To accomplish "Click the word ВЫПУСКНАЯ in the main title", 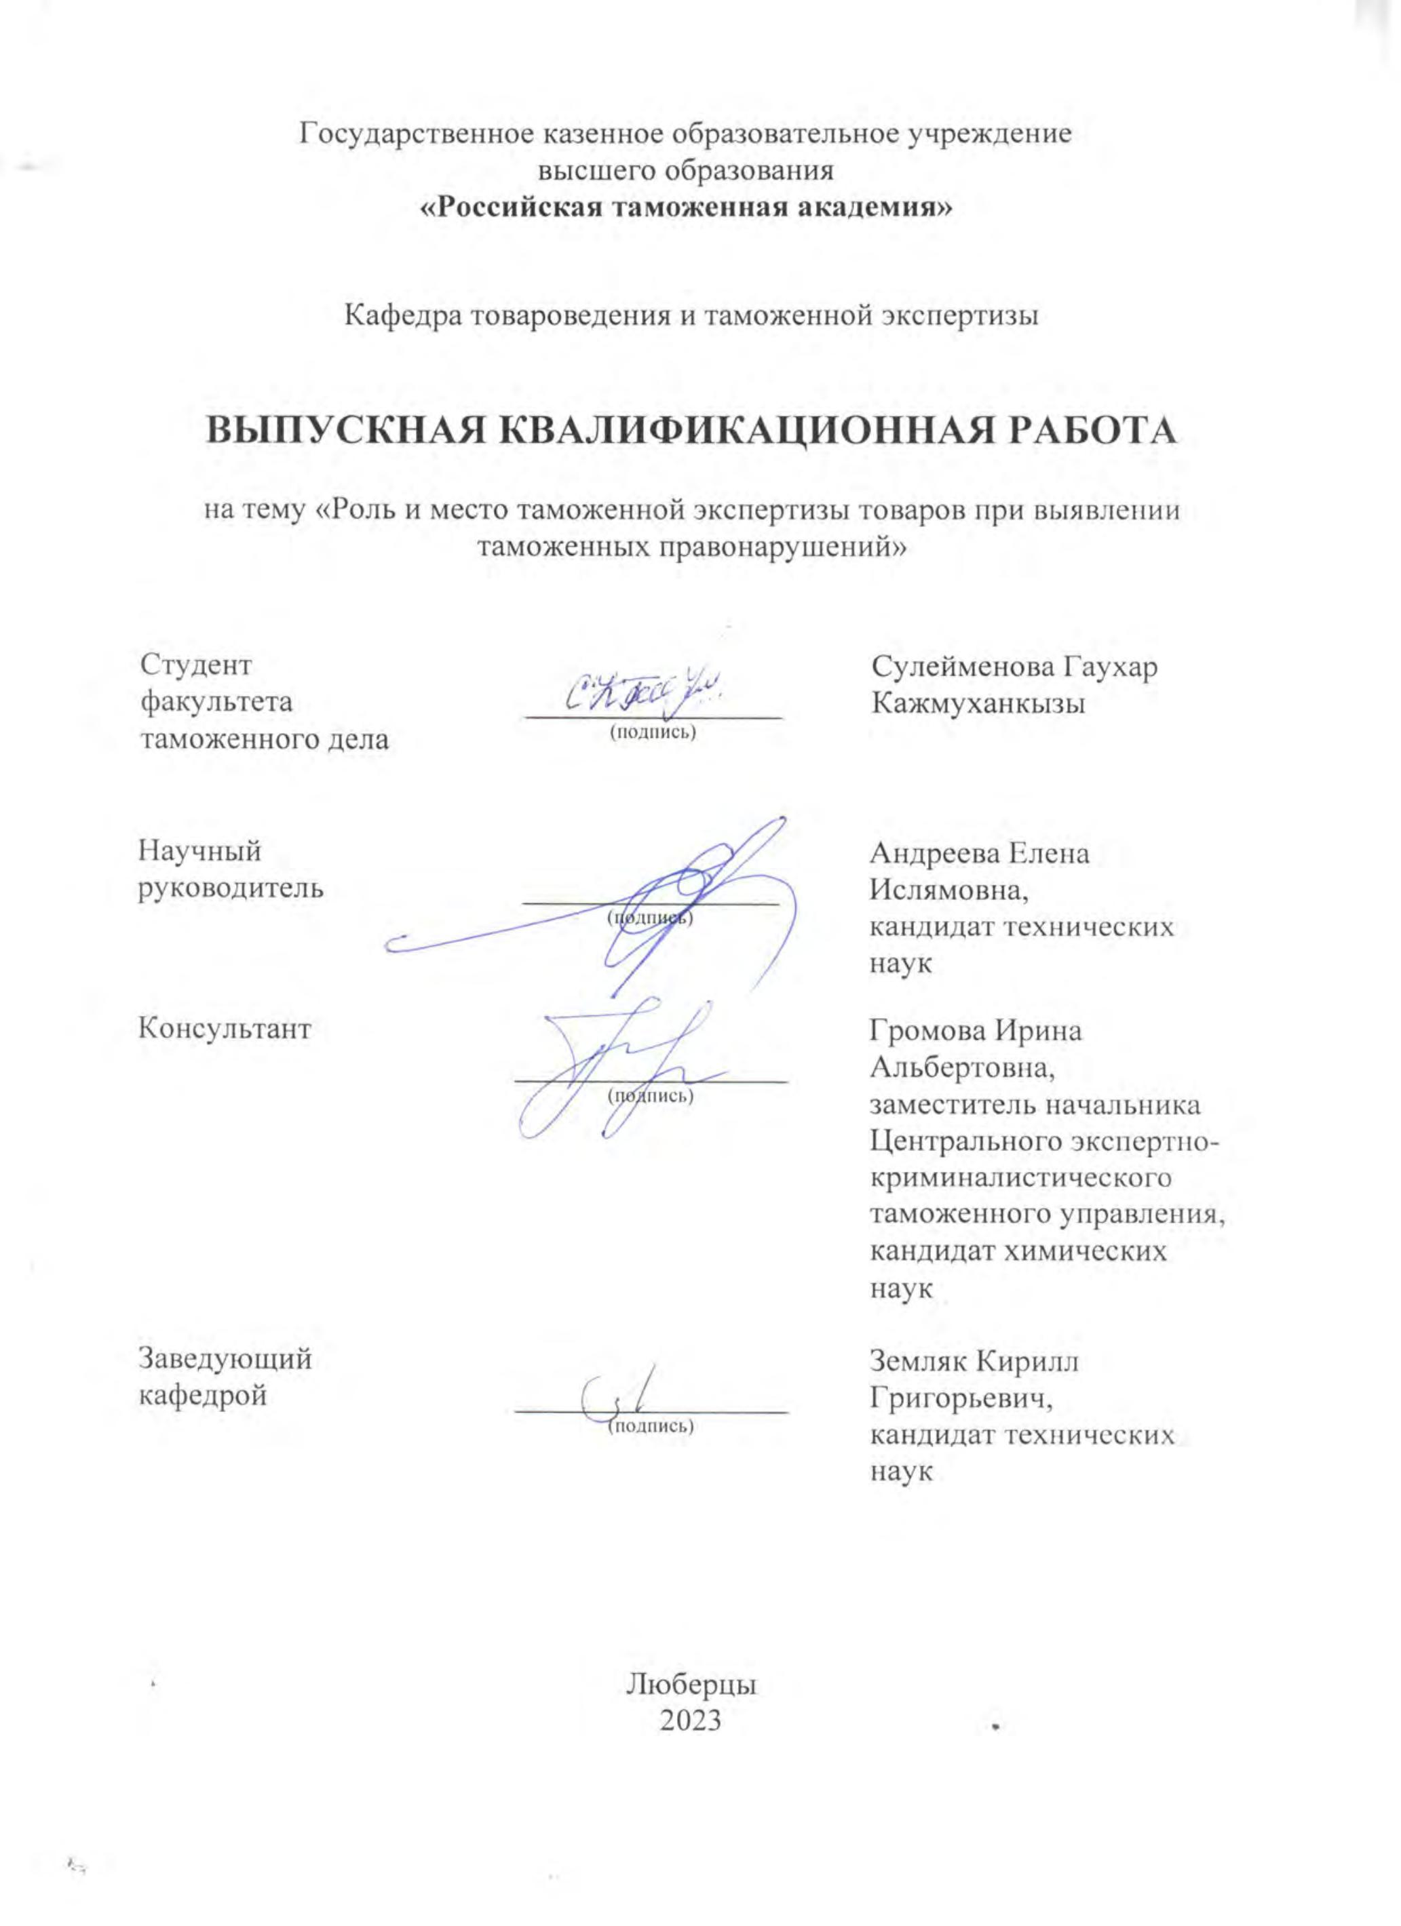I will point(343,431).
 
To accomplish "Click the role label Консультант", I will point(225,1029).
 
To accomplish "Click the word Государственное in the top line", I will point(414,135).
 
